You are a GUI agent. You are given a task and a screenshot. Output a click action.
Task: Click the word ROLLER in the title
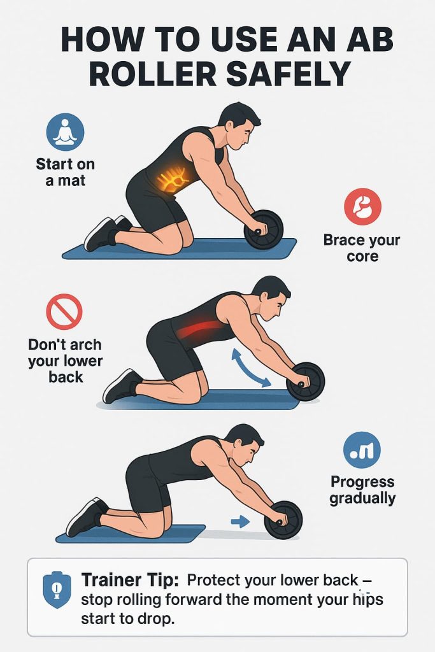click(x=153, y=74)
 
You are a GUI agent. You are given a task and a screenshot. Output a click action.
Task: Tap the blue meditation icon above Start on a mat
click(x=66, y=132)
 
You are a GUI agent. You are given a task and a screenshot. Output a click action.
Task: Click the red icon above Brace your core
click(x=362, y=207)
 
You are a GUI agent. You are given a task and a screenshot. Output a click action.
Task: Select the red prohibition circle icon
click(x=64, y=311)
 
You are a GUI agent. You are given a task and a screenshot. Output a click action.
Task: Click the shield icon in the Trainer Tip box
click(x=57, y=590)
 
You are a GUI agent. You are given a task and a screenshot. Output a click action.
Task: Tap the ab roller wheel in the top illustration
click(x=264, y=230)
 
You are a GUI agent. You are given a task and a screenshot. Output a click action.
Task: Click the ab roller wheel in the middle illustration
click(x=305, y=382)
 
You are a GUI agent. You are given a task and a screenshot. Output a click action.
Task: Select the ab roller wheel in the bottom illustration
click(x=283, y=520)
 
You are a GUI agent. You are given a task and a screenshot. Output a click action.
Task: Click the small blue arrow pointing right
click(x=240, y=521)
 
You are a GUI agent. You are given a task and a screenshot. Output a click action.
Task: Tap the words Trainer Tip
click(x=130, y=579)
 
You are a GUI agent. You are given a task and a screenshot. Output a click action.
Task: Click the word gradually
click(x=362, y=498)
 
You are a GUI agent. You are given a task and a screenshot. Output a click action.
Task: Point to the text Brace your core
click(x=362, y=248)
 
